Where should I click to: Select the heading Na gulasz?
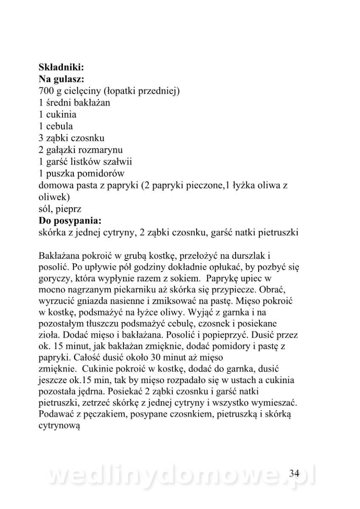point(61,78)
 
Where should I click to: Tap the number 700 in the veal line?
point(46,90)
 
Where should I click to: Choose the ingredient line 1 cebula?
point(56,126)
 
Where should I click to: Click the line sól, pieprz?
point(60,209)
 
